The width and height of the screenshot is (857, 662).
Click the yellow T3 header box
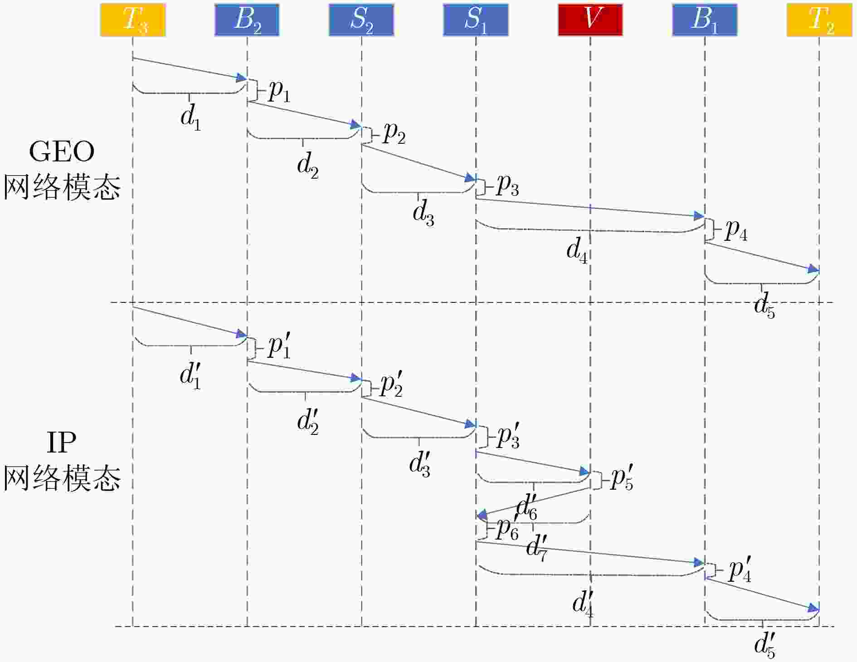click(133, 20)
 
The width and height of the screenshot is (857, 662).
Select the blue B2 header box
click(247, 20)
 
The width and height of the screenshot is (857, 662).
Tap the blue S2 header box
click(361, 20)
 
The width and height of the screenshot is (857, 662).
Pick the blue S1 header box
click(476, 20)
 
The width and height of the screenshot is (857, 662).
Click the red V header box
click(590, 20)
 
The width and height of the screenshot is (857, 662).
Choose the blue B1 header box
click(705, 20)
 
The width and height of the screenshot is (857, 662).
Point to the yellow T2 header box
click(819, 20)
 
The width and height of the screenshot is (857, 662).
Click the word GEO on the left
click(62, 152)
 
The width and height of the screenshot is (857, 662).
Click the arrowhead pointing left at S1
click(482, 515)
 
